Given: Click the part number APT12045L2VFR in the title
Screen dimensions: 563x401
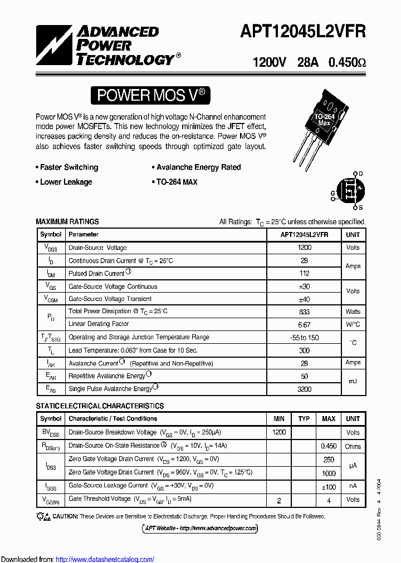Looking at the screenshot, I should coord(302,32).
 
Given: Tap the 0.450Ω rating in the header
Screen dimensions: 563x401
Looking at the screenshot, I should coord(346,62).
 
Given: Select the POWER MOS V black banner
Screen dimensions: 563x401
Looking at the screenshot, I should coord(150,95).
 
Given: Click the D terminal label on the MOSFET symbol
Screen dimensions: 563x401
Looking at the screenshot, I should coord(360,174).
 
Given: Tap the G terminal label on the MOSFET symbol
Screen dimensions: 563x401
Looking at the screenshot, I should coord(333,193).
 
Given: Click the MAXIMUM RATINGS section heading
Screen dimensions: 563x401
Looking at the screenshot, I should coord(67,221).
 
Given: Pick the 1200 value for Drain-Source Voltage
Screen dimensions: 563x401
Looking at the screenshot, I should coord(304,248).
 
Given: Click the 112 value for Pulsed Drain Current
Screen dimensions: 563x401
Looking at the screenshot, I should coord(304,273).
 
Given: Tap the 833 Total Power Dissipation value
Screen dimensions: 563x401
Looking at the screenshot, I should coord(304,312).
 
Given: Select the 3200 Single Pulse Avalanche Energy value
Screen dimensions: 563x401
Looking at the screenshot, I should coord(304,389).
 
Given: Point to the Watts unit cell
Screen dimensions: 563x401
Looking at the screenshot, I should coord(353,312).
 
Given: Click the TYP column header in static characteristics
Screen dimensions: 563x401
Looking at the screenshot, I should coord(304,419).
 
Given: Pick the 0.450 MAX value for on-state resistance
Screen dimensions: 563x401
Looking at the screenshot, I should coord(329,446).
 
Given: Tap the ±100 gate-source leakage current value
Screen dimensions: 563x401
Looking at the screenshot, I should coord(329,487).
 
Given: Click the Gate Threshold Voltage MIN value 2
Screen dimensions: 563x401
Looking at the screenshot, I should coord(278,500).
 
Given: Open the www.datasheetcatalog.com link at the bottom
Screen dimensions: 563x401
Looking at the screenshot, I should coord(105,559).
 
